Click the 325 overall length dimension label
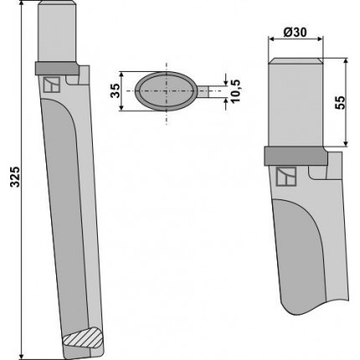[15, 177]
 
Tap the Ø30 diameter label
[295, 33]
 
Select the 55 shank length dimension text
[340, 103]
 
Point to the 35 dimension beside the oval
[116, 90]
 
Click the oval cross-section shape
[166, 91]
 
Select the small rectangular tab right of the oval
[203, 91]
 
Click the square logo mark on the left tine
[52, 85]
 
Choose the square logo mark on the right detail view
[286, 177]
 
